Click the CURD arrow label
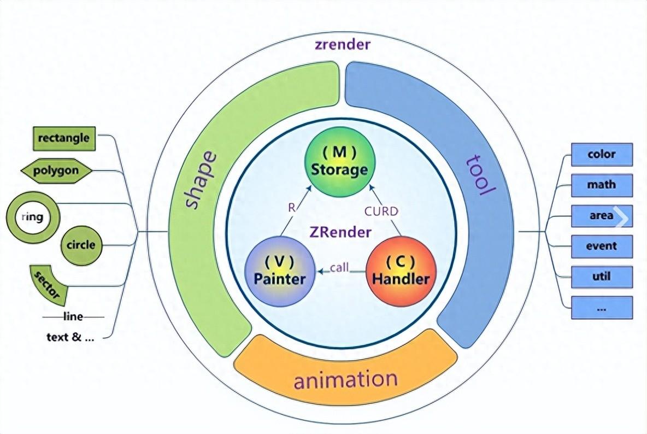381,211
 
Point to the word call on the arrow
339,267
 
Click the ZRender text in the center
339,232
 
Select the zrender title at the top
343,45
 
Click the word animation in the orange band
345,379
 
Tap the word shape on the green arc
201,180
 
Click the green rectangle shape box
64,138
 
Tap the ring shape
32,217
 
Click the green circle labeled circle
81,245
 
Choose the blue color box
602,155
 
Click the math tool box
602,185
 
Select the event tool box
602,247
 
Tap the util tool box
602,277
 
